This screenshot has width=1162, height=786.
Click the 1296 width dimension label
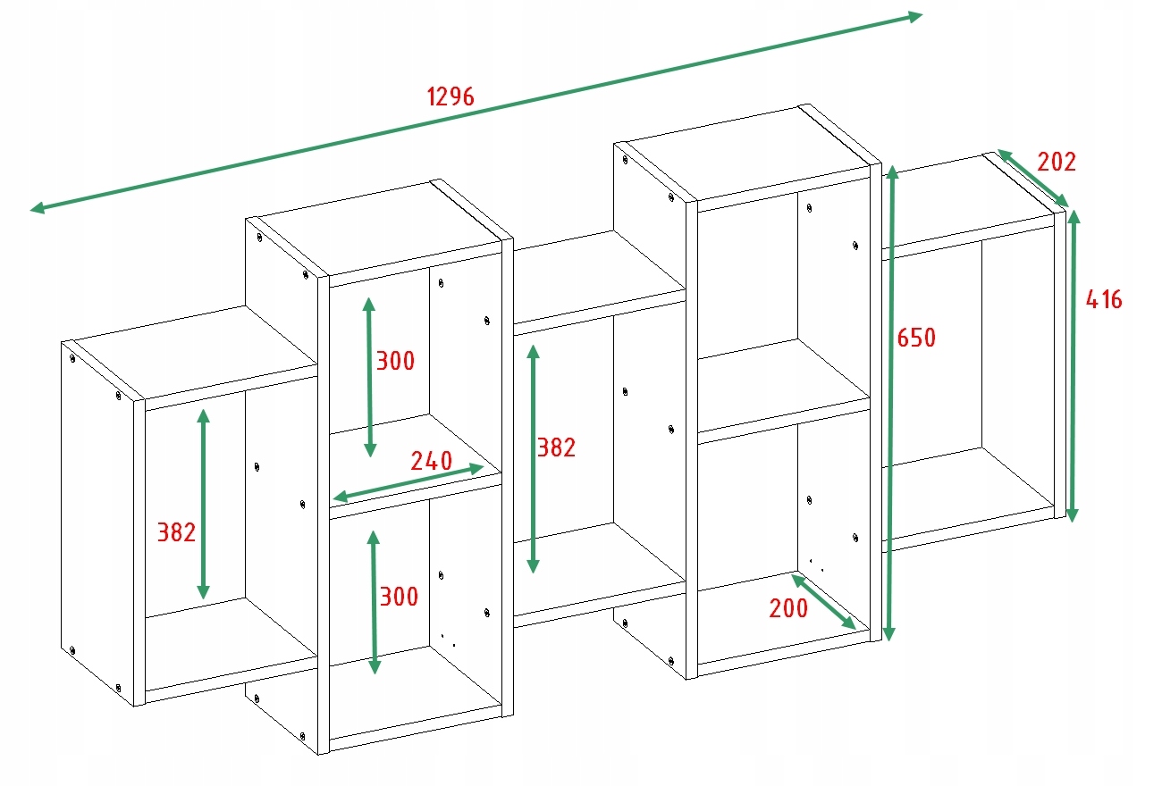(450, 96)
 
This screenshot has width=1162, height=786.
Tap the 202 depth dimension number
(1057, 162)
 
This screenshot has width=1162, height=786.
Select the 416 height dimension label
(1103, 299)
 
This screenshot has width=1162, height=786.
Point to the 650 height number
(916, 338)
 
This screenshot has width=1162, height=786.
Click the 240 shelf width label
(431, 462)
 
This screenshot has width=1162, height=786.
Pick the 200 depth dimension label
(788, 609)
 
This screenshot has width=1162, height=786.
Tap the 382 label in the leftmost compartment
(176, 532)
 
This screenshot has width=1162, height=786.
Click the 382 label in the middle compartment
(556, 447)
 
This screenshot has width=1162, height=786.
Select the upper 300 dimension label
(395, 361)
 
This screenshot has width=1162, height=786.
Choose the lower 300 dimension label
(399, 597)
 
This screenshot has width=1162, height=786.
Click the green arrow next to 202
(1032, 179)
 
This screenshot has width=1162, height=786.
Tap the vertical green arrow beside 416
(1073, 366)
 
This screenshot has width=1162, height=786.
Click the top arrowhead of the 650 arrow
(891, 171)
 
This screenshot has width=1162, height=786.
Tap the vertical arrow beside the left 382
(204, 505)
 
